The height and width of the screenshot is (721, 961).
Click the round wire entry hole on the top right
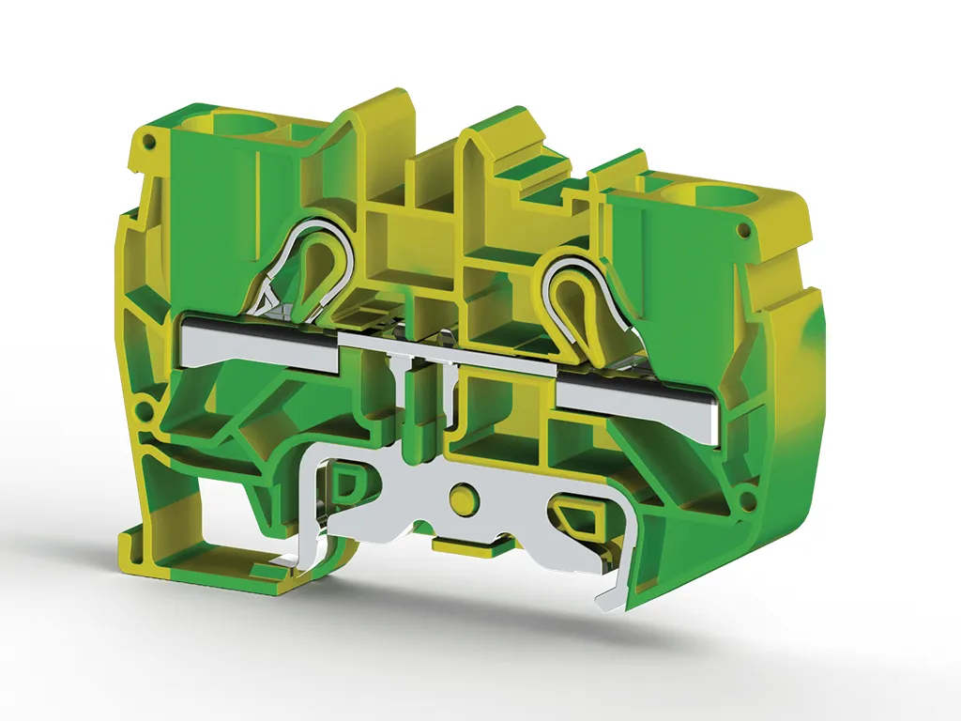(x=694, y=198)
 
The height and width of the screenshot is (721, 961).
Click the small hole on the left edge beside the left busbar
(x=145, y=411)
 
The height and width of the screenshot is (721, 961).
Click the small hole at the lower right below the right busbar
(x=748, y=501)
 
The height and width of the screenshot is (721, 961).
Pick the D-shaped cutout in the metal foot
(x=347, y=486)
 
